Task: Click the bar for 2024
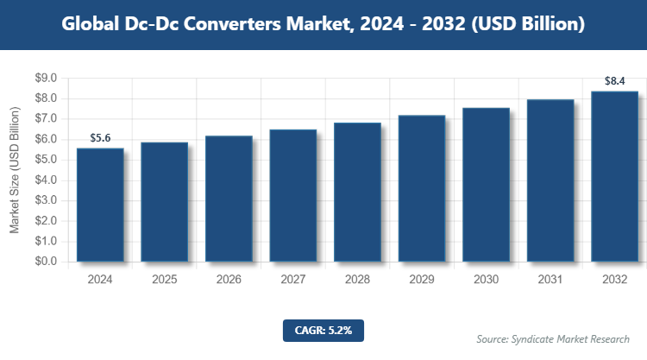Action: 100,205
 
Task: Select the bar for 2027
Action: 292,196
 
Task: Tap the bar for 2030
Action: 486,185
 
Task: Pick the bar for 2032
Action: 614,177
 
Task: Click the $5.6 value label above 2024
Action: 100,137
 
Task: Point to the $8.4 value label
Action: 614,81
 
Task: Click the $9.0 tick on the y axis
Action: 46,79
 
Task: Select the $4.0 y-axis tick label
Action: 46,180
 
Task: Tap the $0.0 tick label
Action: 46,262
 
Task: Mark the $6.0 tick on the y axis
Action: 46,140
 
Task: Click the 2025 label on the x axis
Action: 165,281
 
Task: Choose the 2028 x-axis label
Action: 357,281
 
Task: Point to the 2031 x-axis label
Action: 550,281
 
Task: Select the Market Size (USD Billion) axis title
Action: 16,170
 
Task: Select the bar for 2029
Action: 422,189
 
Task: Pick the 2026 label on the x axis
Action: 229,281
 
